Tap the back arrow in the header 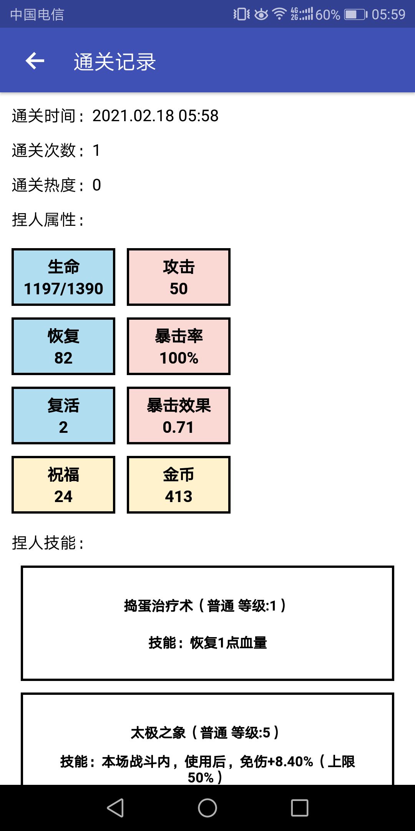[x=35, y=61]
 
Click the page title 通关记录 [x=115, y=62]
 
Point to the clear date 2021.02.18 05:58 [x=155, y=116]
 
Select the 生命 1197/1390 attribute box [x=63, y=277]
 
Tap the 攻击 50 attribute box [x=179, y=277]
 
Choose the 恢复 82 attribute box [x=63, y=346]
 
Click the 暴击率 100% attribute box [x=179, y=346]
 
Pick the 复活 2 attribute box [x=63, y=415]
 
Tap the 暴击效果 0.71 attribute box [x=179, y=415]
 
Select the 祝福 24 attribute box [x=63, y=485]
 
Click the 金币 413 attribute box [x=179, y=485]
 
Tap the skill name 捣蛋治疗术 [x=158, y=606]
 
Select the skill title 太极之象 [x=158, y=733]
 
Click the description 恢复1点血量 [x=228, y=642]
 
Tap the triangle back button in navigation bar [x=115, y=808]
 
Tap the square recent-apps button [x=300, y=808]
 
